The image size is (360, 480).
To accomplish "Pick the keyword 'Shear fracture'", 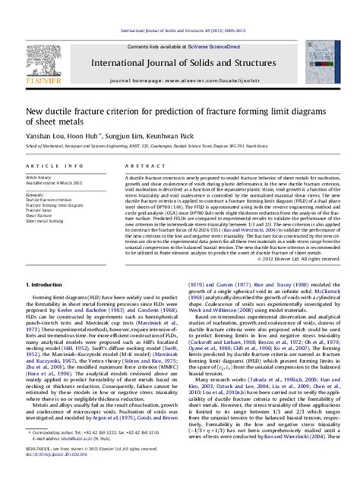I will [x=42, y=215].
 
